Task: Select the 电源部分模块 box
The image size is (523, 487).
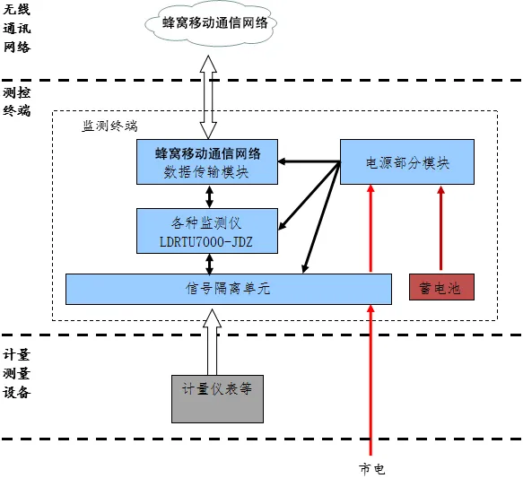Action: coord(407,161)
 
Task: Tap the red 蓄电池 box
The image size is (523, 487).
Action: coord(441,287)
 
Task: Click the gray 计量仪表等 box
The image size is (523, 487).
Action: coord(217,399)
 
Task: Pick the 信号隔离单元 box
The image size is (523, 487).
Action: coord(229,289)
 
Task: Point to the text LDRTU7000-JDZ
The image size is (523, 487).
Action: coord(206,242)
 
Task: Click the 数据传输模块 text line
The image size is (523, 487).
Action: coord(206,172)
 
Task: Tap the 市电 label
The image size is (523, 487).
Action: coord(372,469)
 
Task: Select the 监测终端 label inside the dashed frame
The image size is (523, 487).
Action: coord(109,126)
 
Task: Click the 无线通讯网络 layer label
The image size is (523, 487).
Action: coord(17,28)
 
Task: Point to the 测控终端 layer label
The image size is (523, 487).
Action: coord(17,101)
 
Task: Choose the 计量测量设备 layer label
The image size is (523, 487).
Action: coord(17,374)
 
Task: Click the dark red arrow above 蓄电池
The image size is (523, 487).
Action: coord(441,228)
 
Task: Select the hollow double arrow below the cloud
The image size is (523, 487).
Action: coord(208,97)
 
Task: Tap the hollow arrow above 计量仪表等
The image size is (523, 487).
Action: coord(212,342)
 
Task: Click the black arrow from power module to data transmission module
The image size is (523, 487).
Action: coord(309,161)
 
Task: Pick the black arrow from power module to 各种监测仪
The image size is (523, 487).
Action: coord(309,196)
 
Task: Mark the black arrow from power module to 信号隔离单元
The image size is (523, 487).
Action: coord(321,217)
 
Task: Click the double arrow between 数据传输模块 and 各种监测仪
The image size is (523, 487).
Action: coord(209,196)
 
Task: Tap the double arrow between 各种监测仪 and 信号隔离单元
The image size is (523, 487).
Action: coord(209,264)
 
